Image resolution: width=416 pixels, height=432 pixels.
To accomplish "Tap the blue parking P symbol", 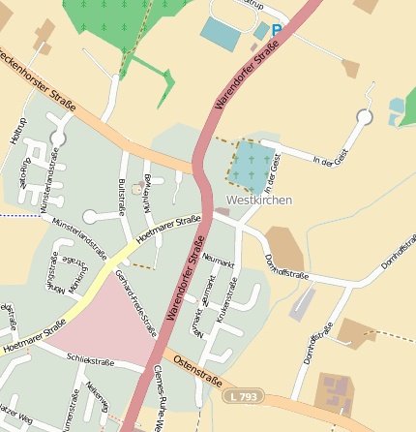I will (277, 31).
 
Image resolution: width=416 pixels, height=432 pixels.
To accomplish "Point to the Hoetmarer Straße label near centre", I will (168, 229).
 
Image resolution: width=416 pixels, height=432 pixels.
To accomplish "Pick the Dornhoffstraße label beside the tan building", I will (286, 266).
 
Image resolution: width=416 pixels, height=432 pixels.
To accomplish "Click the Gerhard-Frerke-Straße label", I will (135, 301).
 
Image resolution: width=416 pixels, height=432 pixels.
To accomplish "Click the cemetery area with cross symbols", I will (251, 164).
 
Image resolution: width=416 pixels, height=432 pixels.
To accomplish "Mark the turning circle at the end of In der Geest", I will (364, 118).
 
